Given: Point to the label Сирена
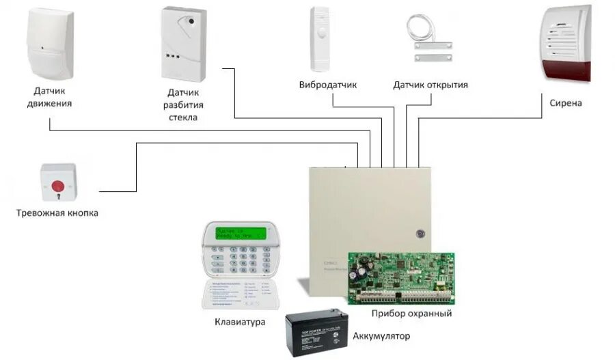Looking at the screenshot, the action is coord(566,103).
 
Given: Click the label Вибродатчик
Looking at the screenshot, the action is coord(328,85).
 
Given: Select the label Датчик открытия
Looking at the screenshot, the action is coord(430,85).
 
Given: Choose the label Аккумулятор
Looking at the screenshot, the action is coord(382,336).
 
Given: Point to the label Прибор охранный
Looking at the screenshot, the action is coord(411,314).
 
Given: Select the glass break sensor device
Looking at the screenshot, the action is coord(183,44).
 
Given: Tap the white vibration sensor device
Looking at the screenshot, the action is coord(320,38).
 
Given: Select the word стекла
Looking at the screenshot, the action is coord(183,117).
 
